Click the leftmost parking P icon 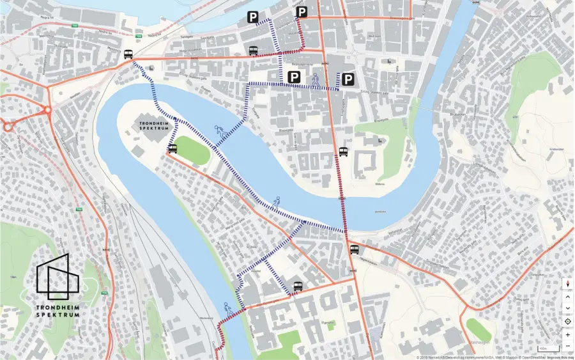(x=253, y=18)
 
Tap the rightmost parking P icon (x=348, y=79)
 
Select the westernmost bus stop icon (x=128, y=54)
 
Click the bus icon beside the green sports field (x=172, y=149)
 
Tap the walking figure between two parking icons (x=316, y=79)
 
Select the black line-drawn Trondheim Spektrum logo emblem (x=59, y=278)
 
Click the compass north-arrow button (x=567, y=283)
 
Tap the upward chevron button (x=567, y=296)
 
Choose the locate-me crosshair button (x=567, y=321)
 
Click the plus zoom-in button (x=567, y=334)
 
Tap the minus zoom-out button (x=567, y=346)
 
